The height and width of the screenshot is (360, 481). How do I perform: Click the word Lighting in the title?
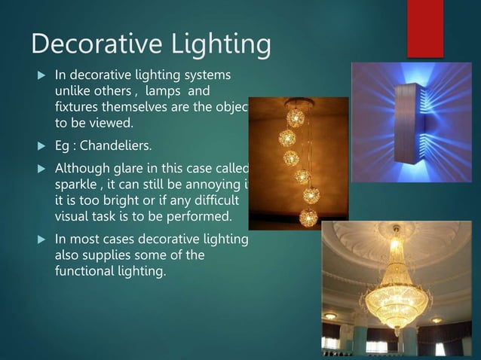tap(218, 45)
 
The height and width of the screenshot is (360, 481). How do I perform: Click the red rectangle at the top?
tap(424, 29)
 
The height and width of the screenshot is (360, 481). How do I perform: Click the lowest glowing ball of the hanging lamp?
tap(308, 218)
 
